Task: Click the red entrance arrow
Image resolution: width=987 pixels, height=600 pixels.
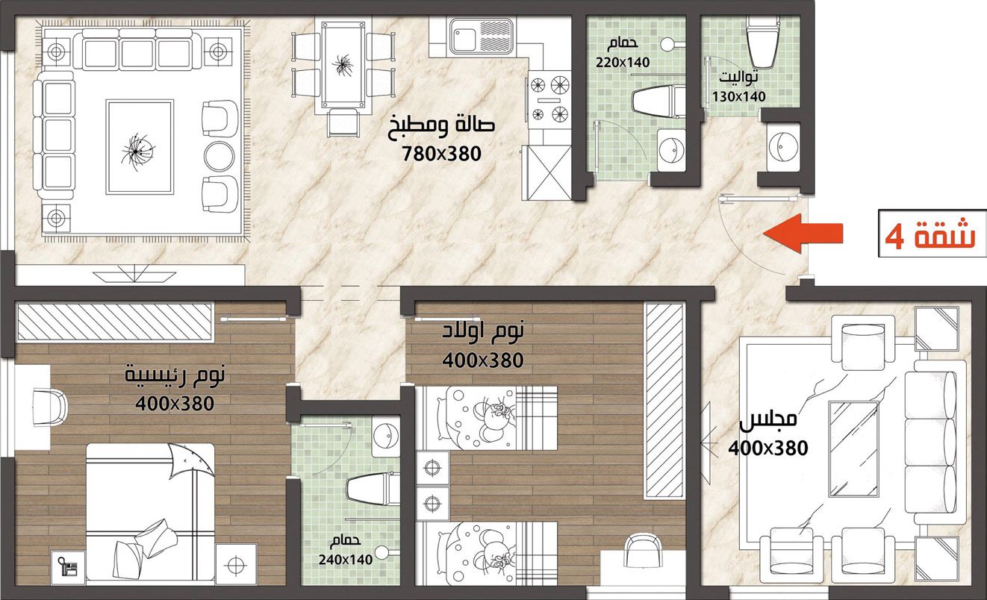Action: (x=803, y=233)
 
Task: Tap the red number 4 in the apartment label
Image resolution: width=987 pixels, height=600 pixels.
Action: (x=895, y=238)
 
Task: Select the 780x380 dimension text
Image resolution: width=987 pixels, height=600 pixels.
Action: (x=441, y=154)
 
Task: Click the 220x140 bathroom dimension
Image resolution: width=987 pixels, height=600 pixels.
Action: (x=623, y=63)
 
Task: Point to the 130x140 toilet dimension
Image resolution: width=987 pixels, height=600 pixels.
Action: (x=739, y=96)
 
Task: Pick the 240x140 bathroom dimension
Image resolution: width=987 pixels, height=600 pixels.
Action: (x=346, y=560)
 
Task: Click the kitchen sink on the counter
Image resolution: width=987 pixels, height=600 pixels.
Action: (x=481, y=36)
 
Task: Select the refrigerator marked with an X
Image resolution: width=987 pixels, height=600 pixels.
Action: (x=547, y=172)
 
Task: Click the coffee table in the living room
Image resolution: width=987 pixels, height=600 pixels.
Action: (x=139, y=147)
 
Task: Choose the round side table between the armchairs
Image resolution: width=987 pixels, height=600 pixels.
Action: (x=219, y=155)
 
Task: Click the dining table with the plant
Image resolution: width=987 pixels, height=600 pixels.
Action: (x=343, y=65)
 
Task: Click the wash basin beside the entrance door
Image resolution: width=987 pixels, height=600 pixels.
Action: (x=783, y=147)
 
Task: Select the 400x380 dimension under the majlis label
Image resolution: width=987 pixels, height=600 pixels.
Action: (x=768, y=449)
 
